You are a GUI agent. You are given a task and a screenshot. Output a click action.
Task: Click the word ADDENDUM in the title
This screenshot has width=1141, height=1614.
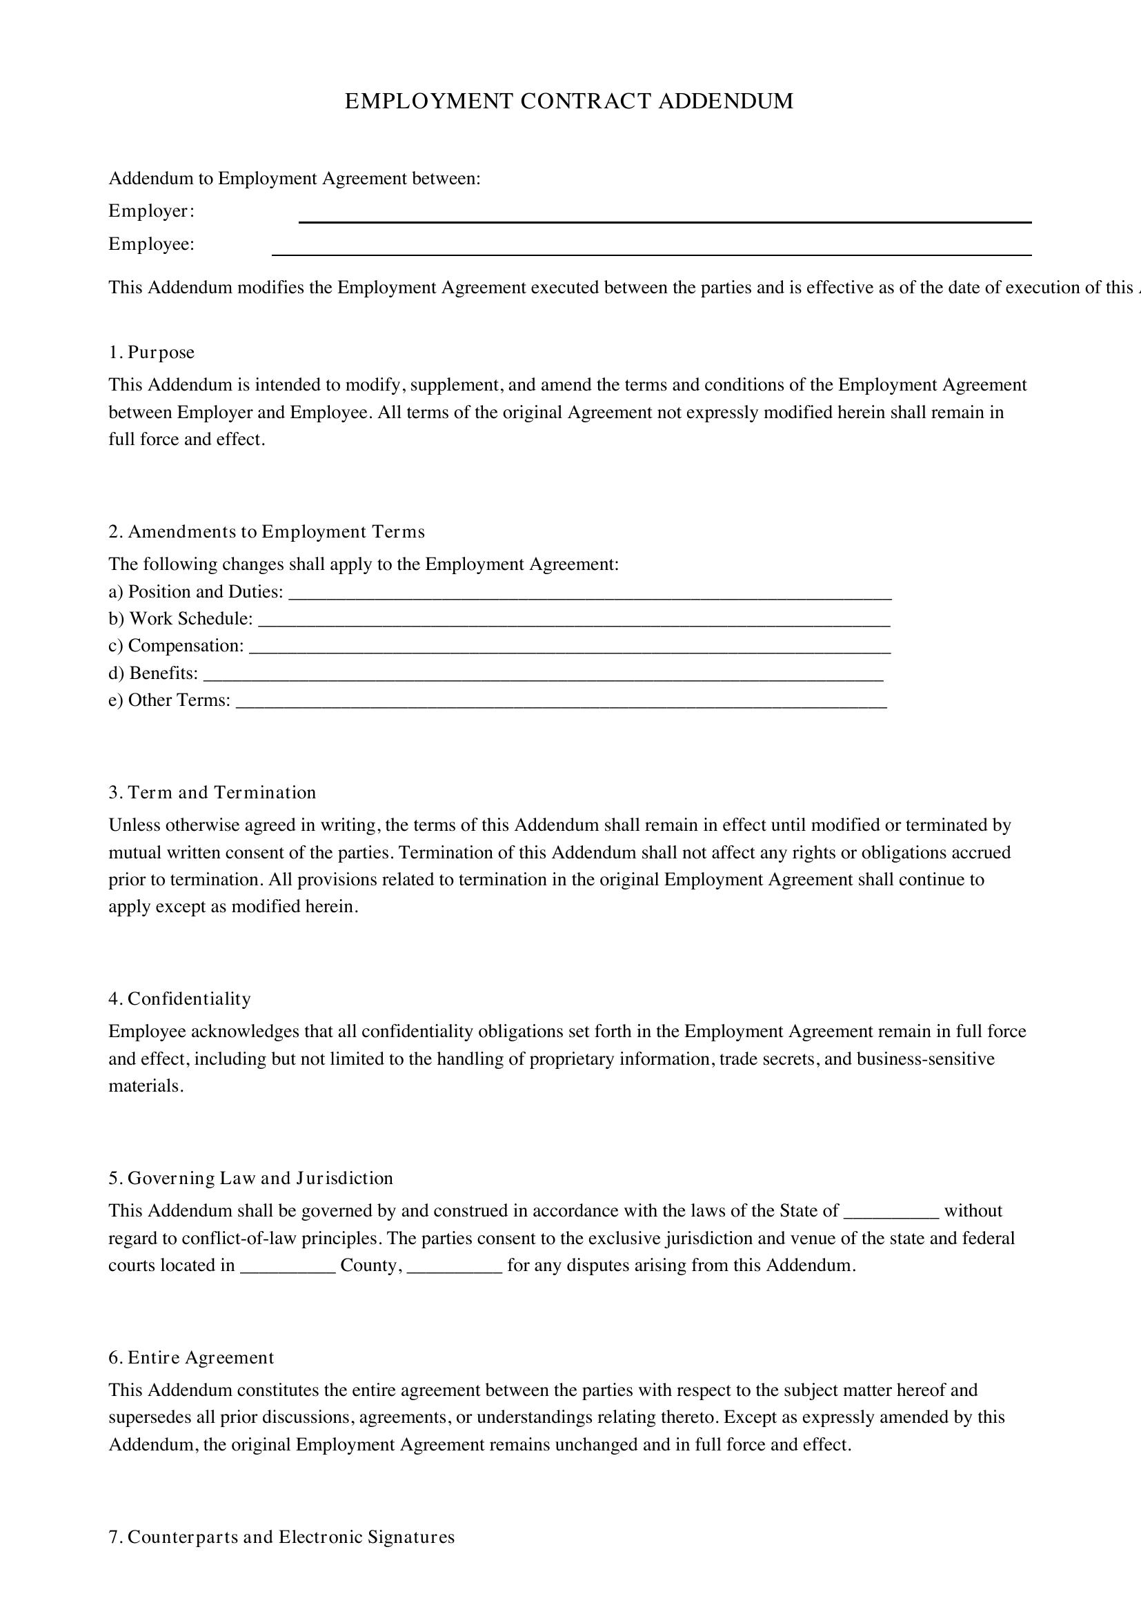725,101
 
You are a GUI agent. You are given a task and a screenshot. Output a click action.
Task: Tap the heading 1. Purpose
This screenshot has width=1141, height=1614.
151,352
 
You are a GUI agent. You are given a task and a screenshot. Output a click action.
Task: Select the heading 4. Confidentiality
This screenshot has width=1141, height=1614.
179,999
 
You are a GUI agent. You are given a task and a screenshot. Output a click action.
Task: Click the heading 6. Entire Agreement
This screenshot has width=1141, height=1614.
191,1357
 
